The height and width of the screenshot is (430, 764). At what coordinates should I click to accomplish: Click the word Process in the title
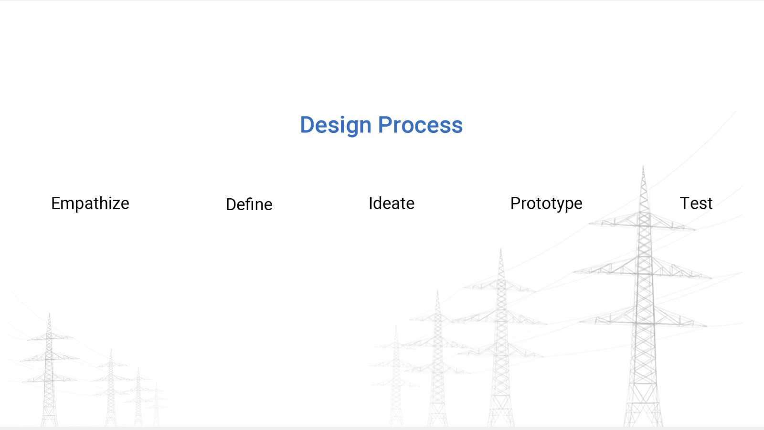(x=421, y=125)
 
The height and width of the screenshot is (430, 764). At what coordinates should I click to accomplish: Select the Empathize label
(x=90, y=204)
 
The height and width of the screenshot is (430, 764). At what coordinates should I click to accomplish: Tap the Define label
(x=249, y=204)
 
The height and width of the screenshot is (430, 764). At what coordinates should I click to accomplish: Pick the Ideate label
(x=392, y=204)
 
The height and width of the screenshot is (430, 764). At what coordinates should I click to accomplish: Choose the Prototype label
(x=546, y=204)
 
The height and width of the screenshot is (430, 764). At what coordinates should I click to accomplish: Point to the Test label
(x=696, y=204)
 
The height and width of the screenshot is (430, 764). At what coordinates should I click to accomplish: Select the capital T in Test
(x=685, y=204)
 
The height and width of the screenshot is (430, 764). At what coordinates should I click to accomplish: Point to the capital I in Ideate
(x=371, y=204)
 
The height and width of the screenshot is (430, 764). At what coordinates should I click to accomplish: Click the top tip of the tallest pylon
(x=643, y=167)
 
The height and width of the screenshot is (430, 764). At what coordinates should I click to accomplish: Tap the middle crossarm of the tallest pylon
(x=643, y=268)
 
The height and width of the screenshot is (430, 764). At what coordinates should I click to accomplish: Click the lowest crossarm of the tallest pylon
(x=643, y=317)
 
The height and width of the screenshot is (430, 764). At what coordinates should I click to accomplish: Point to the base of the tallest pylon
(x=643, y=425)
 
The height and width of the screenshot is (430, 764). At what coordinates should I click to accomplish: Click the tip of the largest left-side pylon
(x=50, y=313)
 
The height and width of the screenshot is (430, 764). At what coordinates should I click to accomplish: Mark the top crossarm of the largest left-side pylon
(x=50, y=337)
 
